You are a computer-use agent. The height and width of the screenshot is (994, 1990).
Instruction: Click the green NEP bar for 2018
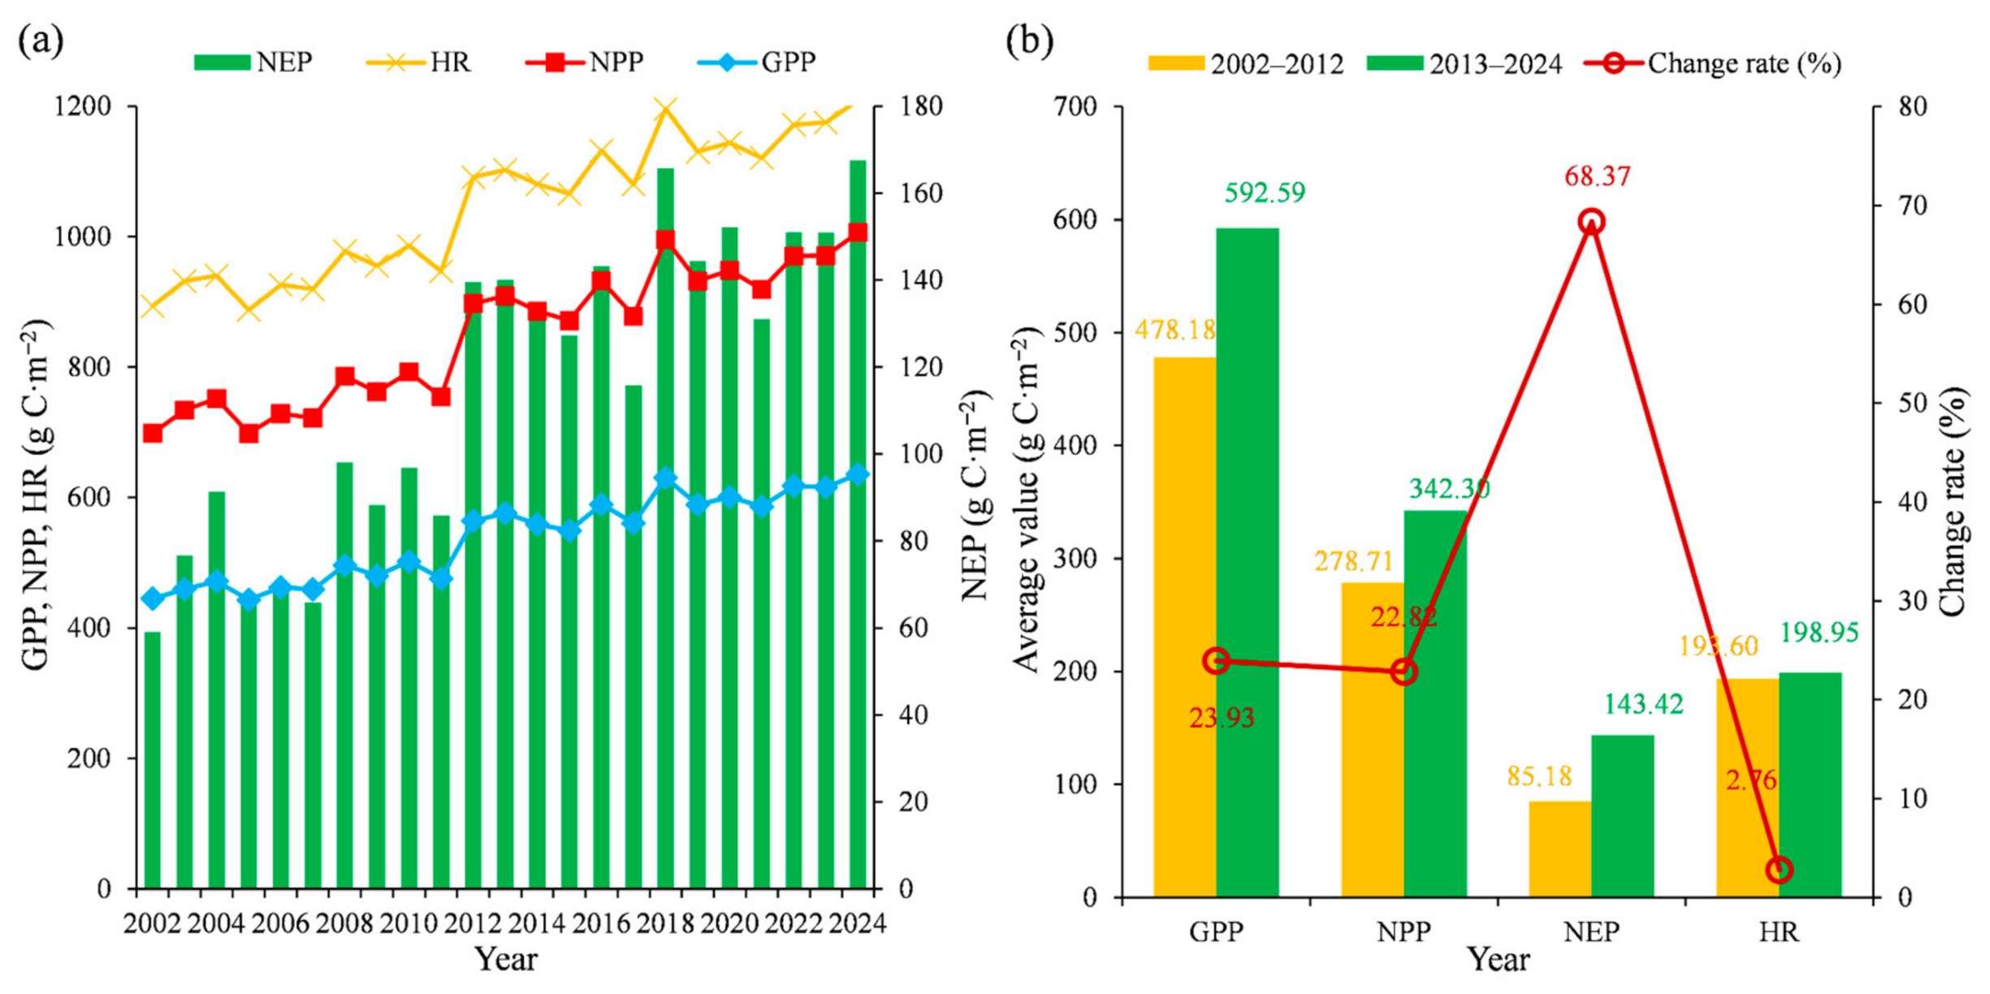point(665,528)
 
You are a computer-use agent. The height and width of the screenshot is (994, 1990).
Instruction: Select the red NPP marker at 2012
point(473,304)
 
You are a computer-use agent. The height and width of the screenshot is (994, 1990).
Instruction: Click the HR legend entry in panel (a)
point(418,63)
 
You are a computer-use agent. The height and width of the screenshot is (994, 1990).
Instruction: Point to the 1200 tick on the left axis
point(83,106)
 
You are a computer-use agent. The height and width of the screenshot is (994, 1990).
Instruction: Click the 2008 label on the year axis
point(344,924)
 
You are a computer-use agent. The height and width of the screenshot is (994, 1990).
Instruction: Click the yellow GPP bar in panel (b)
point(1185,627)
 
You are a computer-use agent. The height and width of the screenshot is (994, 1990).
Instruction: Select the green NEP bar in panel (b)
point(1622,816)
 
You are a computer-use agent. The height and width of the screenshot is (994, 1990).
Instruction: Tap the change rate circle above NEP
point(1591,222)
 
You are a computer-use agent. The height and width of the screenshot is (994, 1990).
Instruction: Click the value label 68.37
point(1597,176)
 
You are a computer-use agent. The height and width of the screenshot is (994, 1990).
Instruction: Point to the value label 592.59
point(1265,192)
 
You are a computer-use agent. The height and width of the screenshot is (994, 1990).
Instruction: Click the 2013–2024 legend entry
point(1464,63)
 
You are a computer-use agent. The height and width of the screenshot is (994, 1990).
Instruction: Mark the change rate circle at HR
point(1780,870)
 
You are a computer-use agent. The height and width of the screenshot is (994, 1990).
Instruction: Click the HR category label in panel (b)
point(1779,931)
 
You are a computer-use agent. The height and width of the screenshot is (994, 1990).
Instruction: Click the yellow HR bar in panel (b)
point(1748,788)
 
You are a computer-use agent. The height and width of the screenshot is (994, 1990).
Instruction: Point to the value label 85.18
point(1539,776)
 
